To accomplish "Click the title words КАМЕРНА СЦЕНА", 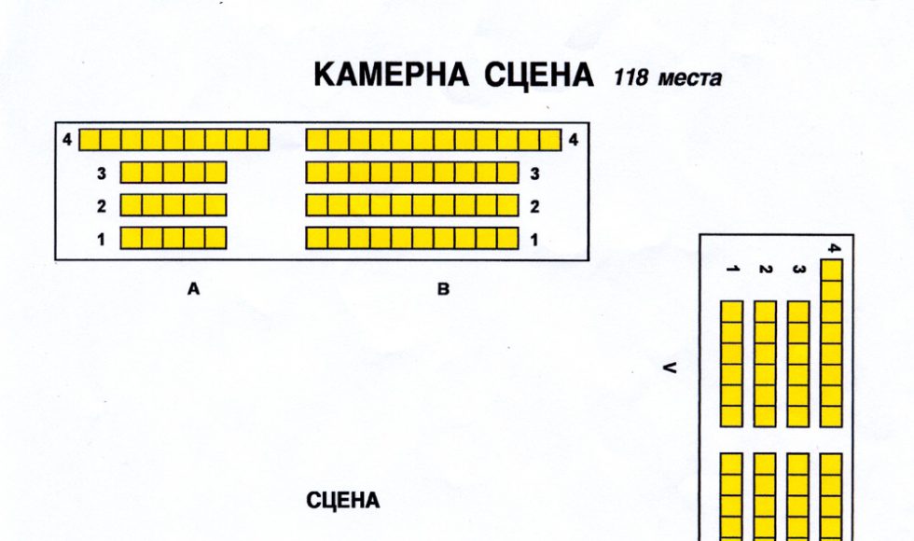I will point(453,76).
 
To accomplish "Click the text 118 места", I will point(667,79).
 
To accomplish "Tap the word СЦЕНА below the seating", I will point(343,502).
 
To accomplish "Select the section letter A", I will point(194,290).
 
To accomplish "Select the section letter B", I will point(444,290).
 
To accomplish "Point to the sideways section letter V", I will point(668,368).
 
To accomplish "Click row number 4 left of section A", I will point(67,140).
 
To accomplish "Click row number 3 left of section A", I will point(100,173).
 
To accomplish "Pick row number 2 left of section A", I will point(100,205).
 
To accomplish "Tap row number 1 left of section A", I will point(100,239).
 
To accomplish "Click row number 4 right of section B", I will point(573,140).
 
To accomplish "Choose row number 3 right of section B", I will point(533,173).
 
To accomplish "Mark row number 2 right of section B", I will point(533,206).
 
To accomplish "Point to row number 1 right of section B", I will point(533,240).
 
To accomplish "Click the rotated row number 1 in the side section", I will point(732,270).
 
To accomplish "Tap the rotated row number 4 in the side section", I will point(832,247).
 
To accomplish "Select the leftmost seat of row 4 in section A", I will point(90,140).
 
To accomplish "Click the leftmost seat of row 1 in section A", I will point(132,238).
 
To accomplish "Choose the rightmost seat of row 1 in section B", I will point(507,239).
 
